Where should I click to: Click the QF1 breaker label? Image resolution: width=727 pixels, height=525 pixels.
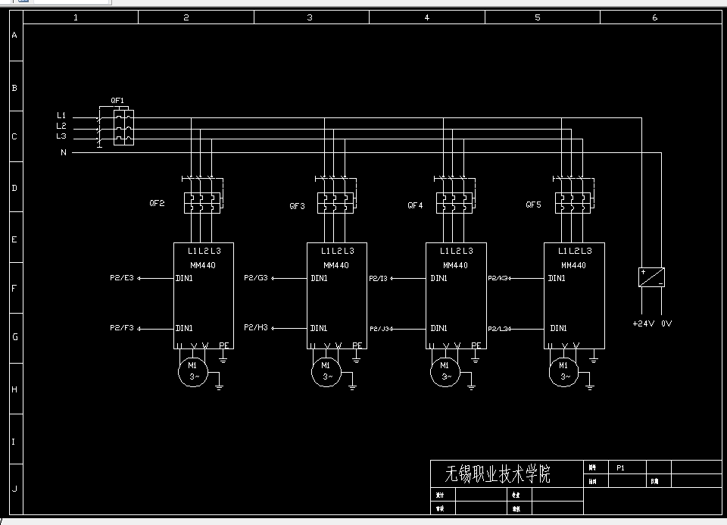point(117,100)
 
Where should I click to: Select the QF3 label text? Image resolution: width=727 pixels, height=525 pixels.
point(298,206)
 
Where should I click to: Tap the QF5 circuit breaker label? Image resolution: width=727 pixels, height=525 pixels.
point(534,205)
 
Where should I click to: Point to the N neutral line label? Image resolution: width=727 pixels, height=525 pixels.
point(64,152)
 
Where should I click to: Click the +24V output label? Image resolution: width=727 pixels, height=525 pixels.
point(642,323)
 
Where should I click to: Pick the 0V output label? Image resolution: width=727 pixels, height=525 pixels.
point(666,323)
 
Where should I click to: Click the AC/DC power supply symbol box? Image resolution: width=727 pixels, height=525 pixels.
point(651,277)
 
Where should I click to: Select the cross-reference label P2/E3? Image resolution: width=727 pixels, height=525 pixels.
point(122,278)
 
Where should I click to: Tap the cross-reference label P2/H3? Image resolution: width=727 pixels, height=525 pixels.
point(256,328)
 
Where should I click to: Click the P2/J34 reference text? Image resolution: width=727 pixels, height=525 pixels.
point(381,329)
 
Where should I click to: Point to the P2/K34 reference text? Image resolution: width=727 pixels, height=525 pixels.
point(499,279)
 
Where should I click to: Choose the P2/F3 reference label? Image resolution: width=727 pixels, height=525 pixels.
point(122,328)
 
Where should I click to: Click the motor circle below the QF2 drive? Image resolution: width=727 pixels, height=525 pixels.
point(192,370)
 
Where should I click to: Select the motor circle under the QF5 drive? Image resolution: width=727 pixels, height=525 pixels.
point(565,370)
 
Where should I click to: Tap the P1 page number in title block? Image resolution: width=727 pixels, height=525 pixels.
point(620,467)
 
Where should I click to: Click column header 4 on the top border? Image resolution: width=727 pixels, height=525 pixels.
point(426,17)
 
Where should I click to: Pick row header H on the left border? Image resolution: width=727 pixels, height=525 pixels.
point(14,389)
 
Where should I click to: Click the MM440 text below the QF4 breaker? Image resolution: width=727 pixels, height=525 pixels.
point(455,265)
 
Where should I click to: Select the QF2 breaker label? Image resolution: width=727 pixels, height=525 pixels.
point(157,204)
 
